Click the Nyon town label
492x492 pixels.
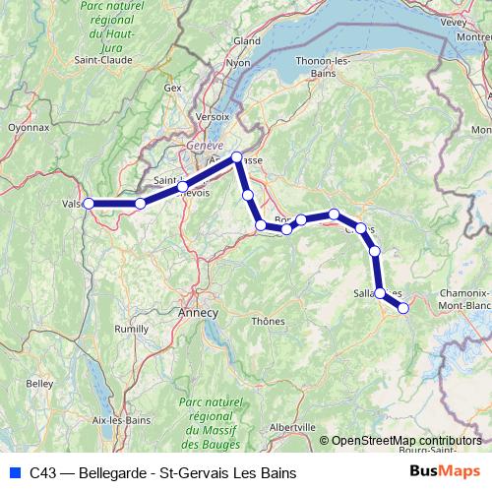pyautogui.click(x=239, y=63)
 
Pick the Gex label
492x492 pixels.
pyautogui.click(x=174, y=88)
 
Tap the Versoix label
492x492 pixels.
pyautogui.click(x=213, y=115)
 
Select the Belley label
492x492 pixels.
pyautogui.click(x=40, y=383)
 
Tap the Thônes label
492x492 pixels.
pyautogui.click(x=268, y=321)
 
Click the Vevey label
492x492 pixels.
pyautogui.click(x=454, y=21)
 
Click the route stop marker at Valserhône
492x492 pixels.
pyautogui.click(x=89, y=204)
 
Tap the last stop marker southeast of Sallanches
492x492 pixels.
pyautogui.click(x=402, y=308)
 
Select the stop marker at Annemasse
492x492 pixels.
pyautogui.click(x=236, y=157)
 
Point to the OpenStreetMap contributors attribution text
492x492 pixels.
pyautogui.click(x=406, y=441)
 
